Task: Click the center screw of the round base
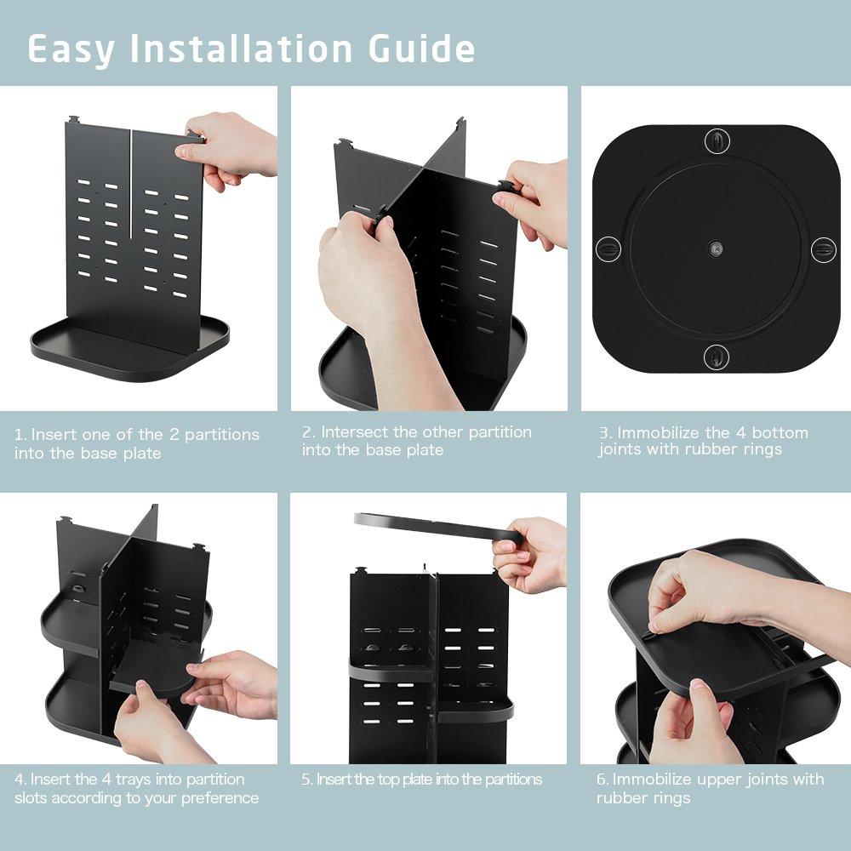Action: tap(717, 249)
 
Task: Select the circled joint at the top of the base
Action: tap(717, 140)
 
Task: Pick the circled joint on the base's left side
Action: tap(608, 249)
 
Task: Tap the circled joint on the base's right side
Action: tap(823, 249)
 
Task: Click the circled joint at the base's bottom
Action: tap(717, 356)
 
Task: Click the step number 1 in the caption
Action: tap(19, 435)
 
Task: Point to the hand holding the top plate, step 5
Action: tap(532, 553)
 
